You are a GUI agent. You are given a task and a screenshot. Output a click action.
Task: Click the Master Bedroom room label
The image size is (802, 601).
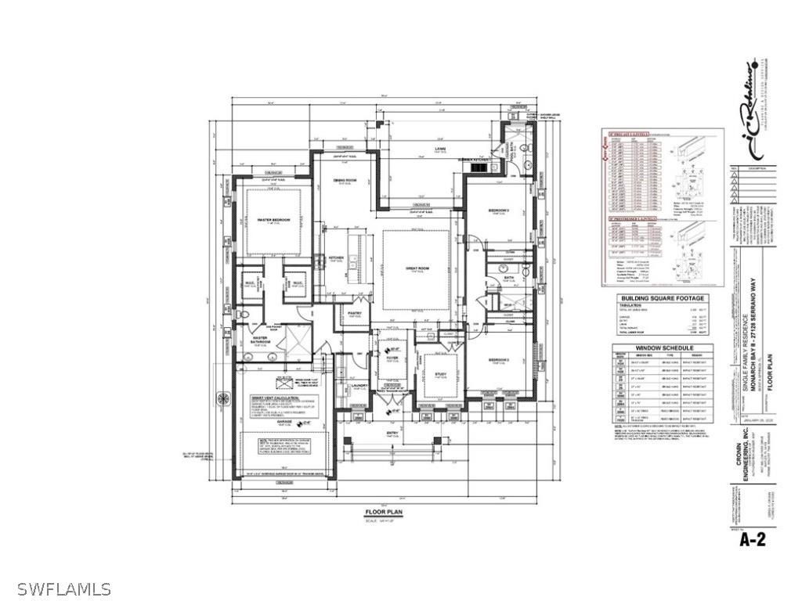[274, 220]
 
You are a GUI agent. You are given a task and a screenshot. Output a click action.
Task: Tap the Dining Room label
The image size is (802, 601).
[345, 180]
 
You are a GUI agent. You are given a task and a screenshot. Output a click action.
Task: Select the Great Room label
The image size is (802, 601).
[416, 268]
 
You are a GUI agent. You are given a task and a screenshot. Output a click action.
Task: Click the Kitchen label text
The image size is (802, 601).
[337, 257]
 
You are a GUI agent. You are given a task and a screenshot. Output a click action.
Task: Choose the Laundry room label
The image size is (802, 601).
[360, 385]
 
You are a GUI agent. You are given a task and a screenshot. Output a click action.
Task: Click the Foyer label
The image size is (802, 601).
[392, 358]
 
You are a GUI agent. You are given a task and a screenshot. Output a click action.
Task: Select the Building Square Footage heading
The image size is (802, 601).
[663, 298]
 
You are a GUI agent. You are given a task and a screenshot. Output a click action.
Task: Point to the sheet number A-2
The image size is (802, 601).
[753, 539]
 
